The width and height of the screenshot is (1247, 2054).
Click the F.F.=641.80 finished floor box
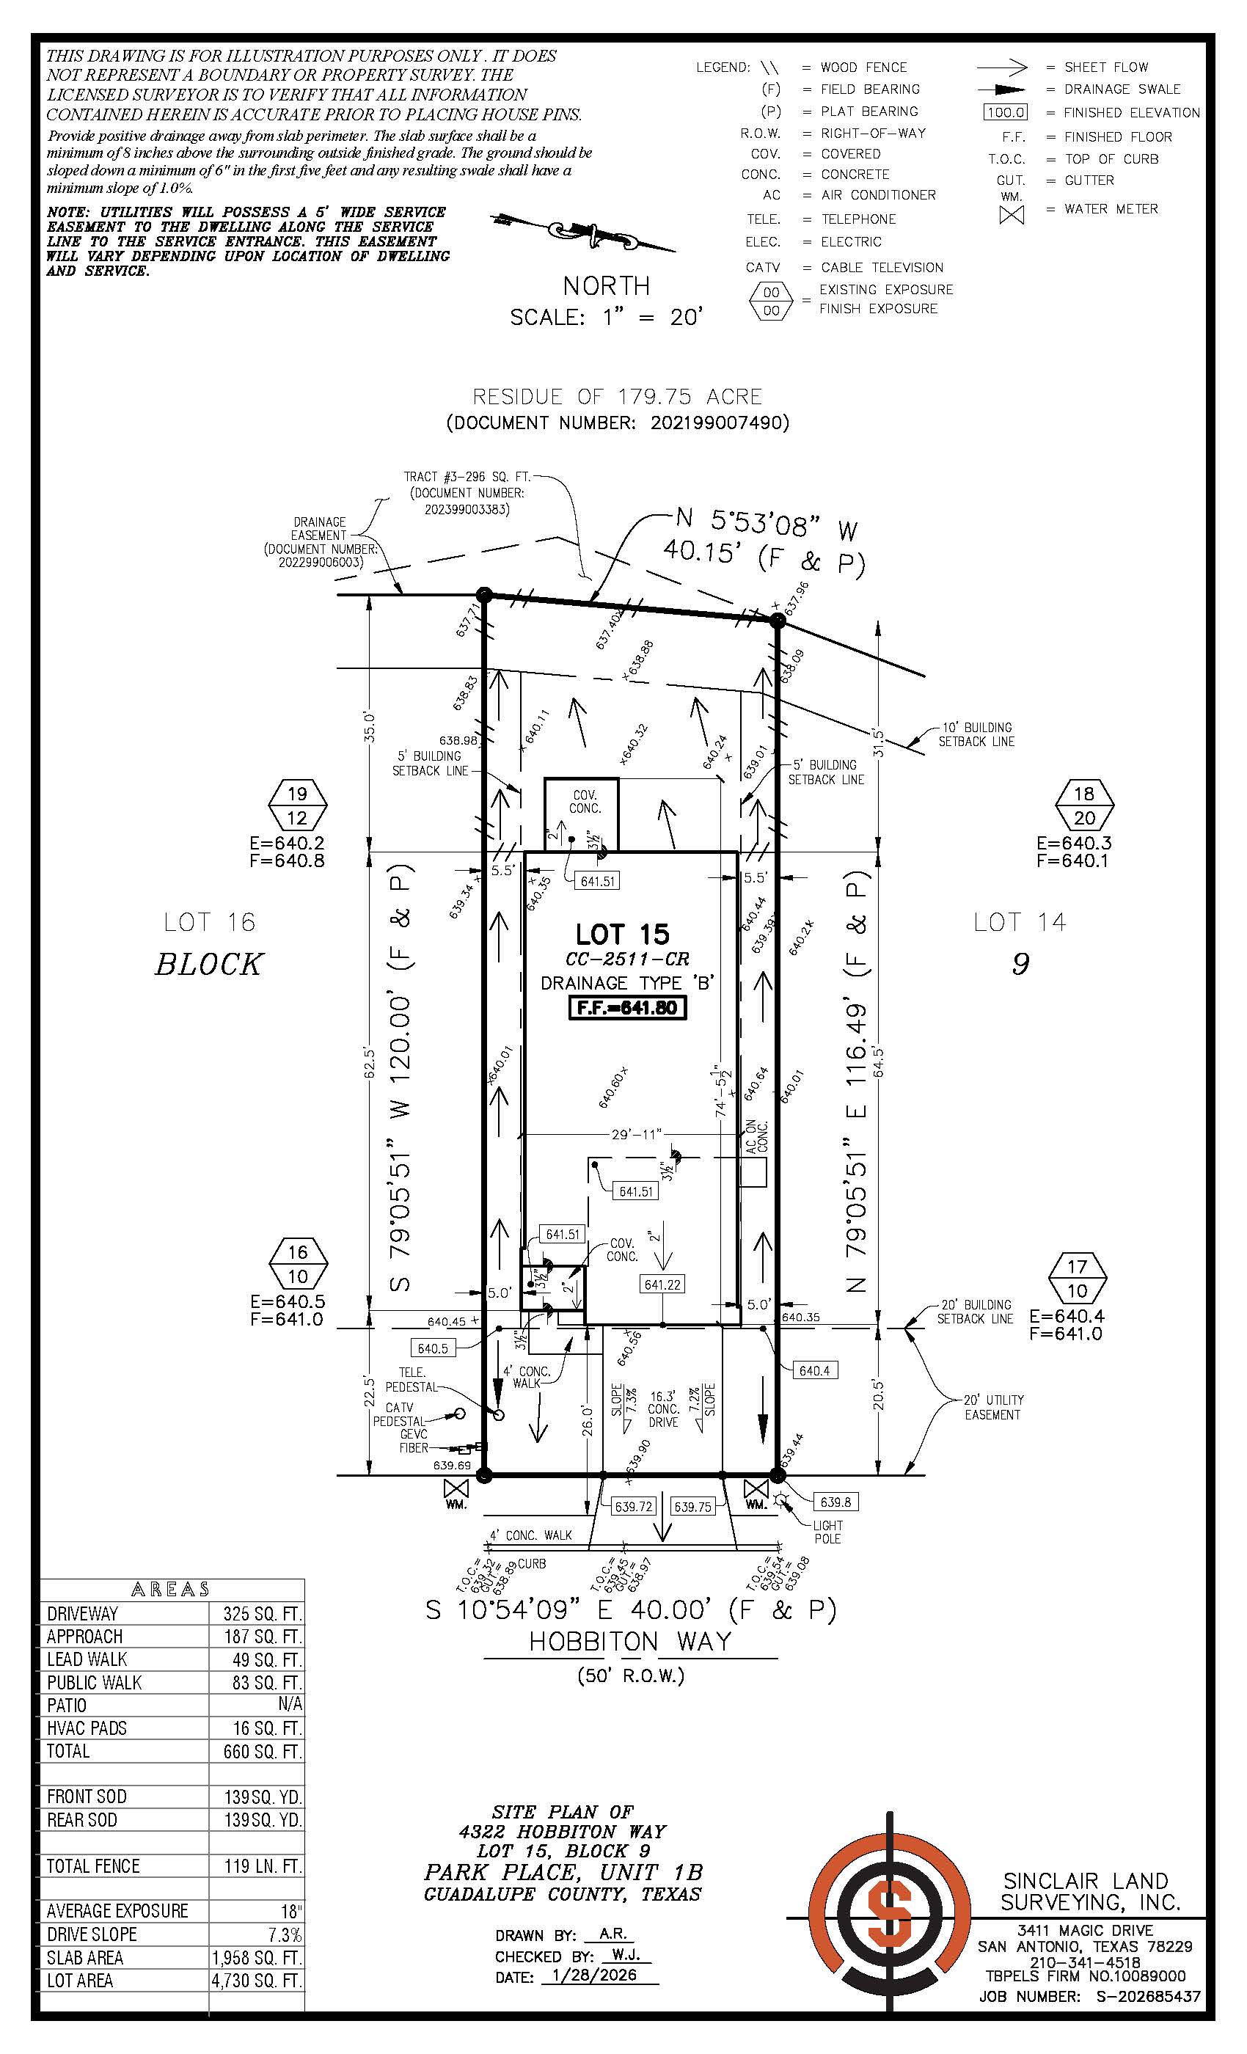tap(628, 1008)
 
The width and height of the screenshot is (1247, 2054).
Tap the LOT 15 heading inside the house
tap(622, 934)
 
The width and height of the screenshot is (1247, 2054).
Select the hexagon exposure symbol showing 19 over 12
tap(298, 805)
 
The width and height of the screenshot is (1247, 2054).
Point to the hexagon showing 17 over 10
tap(1077, 1278)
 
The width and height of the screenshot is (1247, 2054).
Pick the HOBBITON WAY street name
tap(630, 1642)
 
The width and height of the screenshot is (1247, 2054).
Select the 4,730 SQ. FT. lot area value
tap(257, 1981)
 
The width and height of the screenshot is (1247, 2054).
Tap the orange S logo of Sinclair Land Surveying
tap(888, 1919)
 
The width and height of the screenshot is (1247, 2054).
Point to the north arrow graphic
tap(583, 232)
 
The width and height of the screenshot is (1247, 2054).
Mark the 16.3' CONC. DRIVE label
tap(664, 1408)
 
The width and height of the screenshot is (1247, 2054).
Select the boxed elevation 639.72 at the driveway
tap(634, 1506)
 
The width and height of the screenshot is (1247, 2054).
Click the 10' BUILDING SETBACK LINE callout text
tap(976, 734)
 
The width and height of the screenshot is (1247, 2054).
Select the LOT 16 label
tap(209, 922)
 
